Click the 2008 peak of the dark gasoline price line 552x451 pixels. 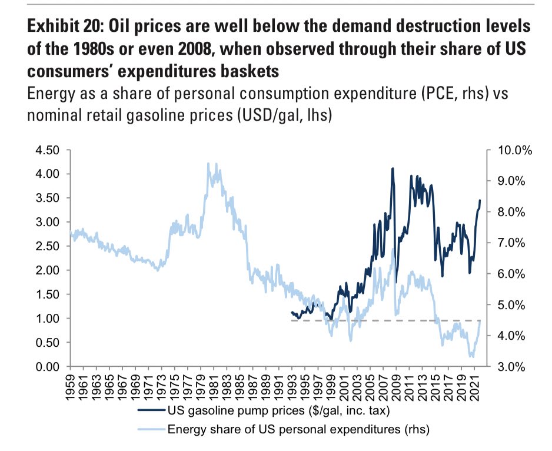393,168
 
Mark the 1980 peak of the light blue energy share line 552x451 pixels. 209,163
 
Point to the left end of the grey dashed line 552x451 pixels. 292,321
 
